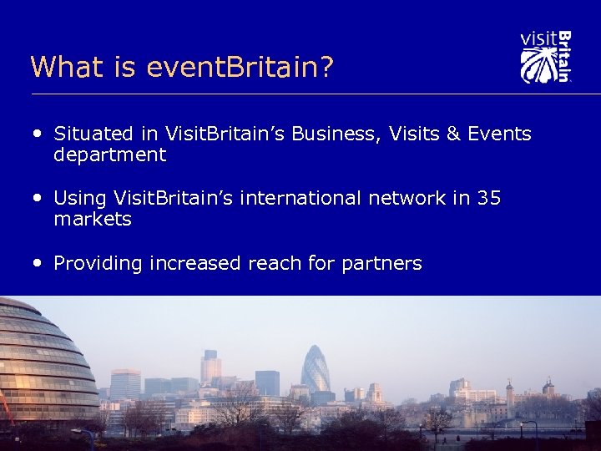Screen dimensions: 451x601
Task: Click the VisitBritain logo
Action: [545, 57]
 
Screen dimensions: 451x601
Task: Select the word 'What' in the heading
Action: [62, 67]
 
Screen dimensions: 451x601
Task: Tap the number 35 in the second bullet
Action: [488, 199]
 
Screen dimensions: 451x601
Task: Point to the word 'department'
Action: [109, 155]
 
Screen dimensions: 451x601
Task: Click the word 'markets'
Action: [93, 220]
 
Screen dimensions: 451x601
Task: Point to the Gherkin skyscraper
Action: [316, 370]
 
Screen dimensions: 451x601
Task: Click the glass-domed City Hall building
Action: [42, 359]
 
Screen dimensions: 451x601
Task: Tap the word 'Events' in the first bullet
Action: [498, 134]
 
